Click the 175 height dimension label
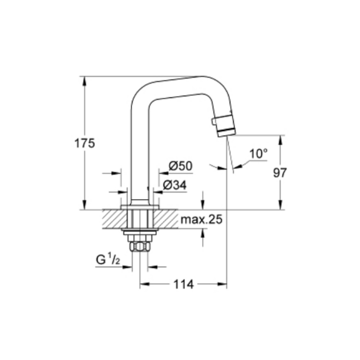coord(85,143)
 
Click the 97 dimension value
coord(280,173)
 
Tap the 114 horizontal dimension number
coord(184,284)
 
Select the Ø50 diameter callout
coord(180,166)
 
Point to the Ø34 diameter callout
coord(175,185)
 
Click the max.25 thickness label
coord(202,220)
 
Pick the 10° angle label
coord(258,154)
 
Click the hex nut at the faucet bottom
coord(140,247)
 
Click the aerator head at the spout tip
coord(225,124)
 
